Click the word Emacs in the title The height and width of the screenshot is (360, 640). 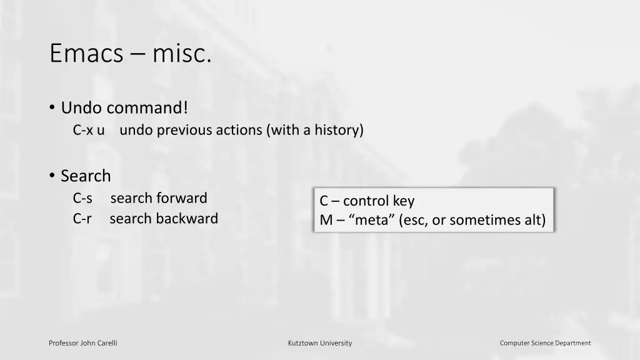[x=86, y=54]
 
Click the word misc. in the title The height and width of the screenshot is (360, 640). [x=181, y=54]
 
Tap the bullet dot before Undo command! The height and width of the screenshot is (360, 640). [x=52, y=108]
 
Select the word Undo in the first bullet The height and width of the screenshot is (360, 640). [x=82, y=108]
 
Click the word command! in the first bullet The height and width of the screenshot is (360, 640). [x=147, y=108]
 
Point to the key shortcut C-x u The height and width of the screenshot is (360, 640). [x=89, y=130]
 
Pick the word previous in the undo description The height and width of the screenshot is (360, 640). [x=184, y=130]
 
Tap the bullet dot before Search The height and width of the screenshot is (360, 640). [x=52, y=176]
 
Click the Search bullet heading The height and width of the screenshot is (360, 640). [x=86, y=176]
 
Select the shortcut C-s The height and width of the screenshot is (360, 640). [x=82, y=198]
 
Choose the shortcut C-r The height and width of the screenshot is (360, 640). [x=82, y=219]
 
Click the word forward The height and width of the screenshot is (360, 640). [x=181, y=198]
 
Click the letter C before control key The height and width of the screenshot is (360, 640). [x=324, y=201]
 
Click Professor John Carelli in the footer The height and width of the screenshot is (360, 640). [x=83, y=343]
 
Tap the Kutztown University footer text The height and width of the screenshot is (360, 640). [x=320, y=343]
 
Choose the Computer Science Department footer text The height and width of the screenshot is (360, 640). [x=545, y=343]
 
